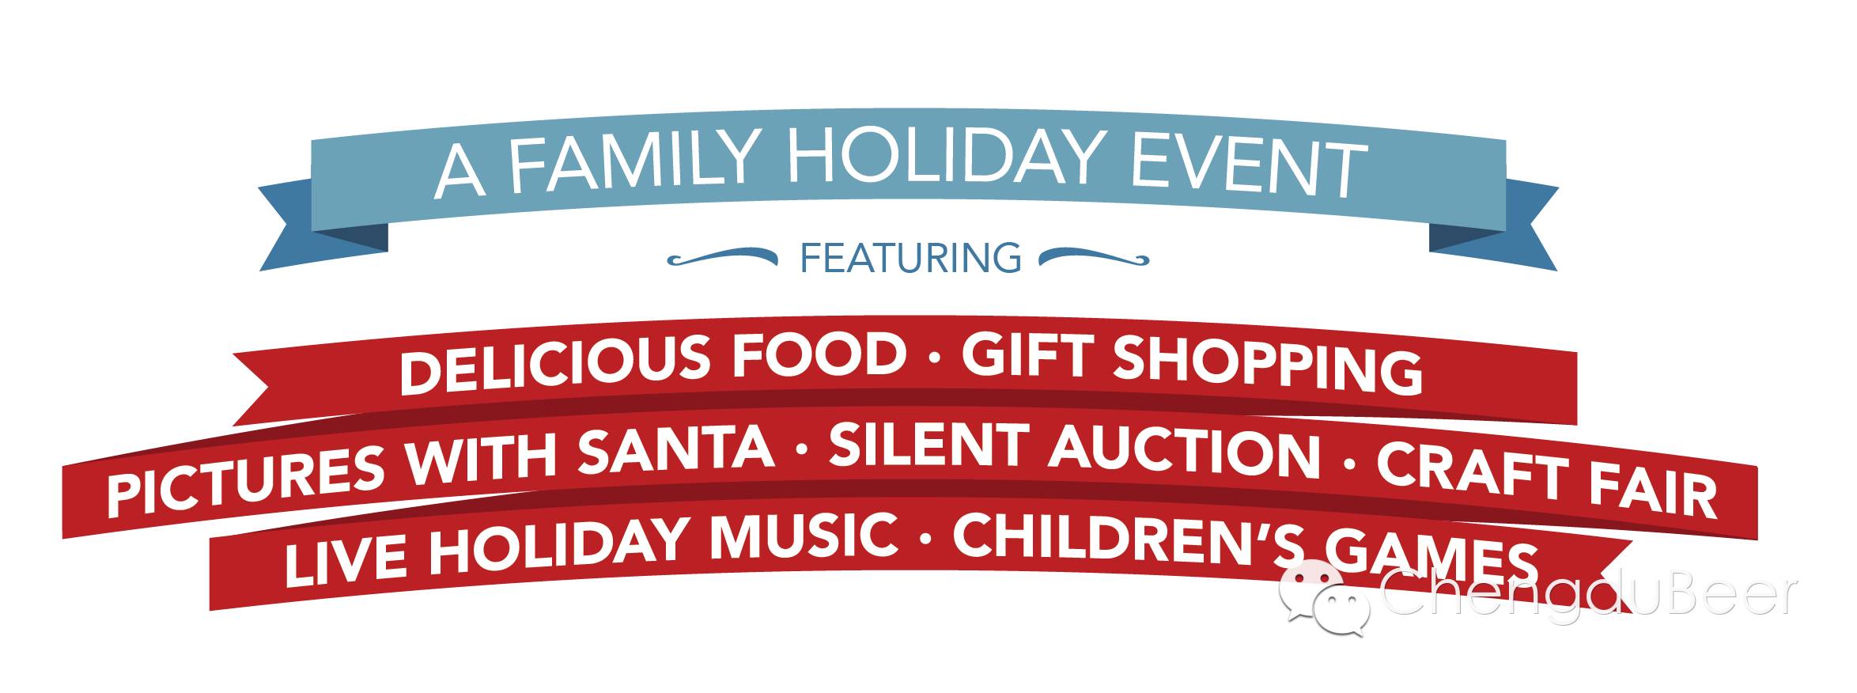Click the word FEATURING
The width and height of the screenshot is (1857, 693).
pyautogui.click(x=910, y=258)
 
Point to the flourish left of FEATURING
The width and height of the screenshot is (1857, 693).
pyautogui.click(x=722, y=256)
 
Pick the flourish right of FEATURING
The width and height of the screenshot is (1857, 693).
pyautogui.click(x=1094, y=256)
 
